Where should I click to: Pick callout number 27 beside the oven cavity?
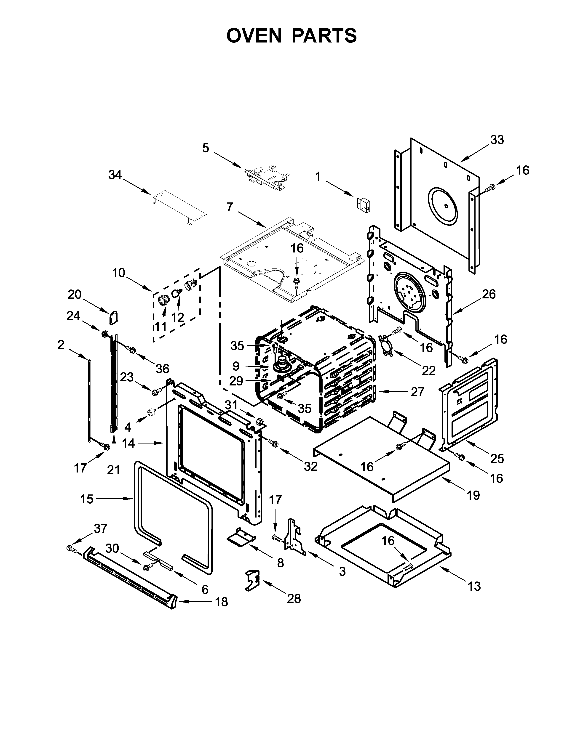point(417,392)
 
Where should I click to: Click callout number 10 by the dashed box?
point(118,273)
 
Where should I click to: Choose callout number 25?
point(497,459)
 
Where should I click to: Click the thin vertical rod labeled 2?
point(90,401)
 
